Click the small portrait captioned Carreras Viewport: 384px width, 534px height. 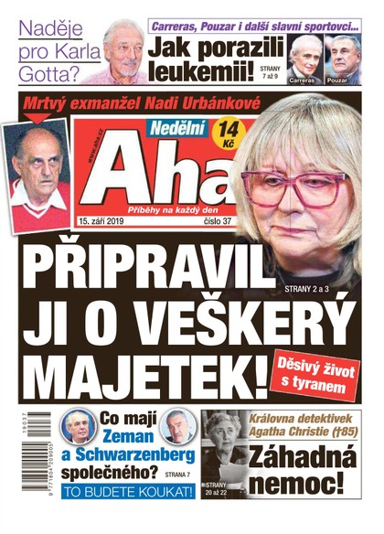(x=304, y=58)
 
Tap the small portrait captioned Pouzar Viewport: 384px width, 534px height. (x=342, y=58)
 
